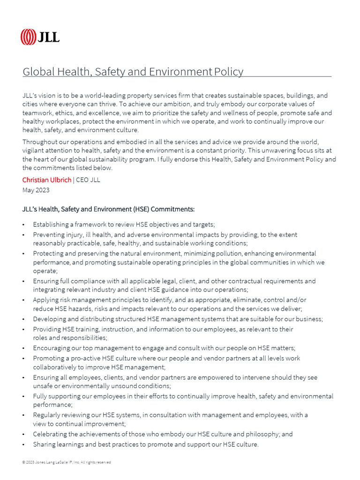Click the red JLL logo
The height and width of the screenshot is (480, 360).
coord(40,37)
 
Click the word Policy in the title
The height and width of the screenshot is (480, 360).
coord(229,72)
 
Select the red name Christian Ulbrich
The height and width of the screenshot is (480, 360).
coord(47,180)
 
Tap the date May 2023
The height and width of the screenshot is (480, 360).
coord(36,190)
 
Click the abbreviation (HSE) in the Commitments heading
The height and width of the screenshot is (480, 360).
coord(142,209)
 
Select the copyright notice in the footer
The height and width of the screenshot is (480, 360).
coord(67,462)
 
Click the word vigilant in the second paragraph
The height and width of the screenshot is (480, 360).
coord(34,151)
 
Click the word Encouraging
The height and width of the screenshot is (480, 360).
coord(52,348)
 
